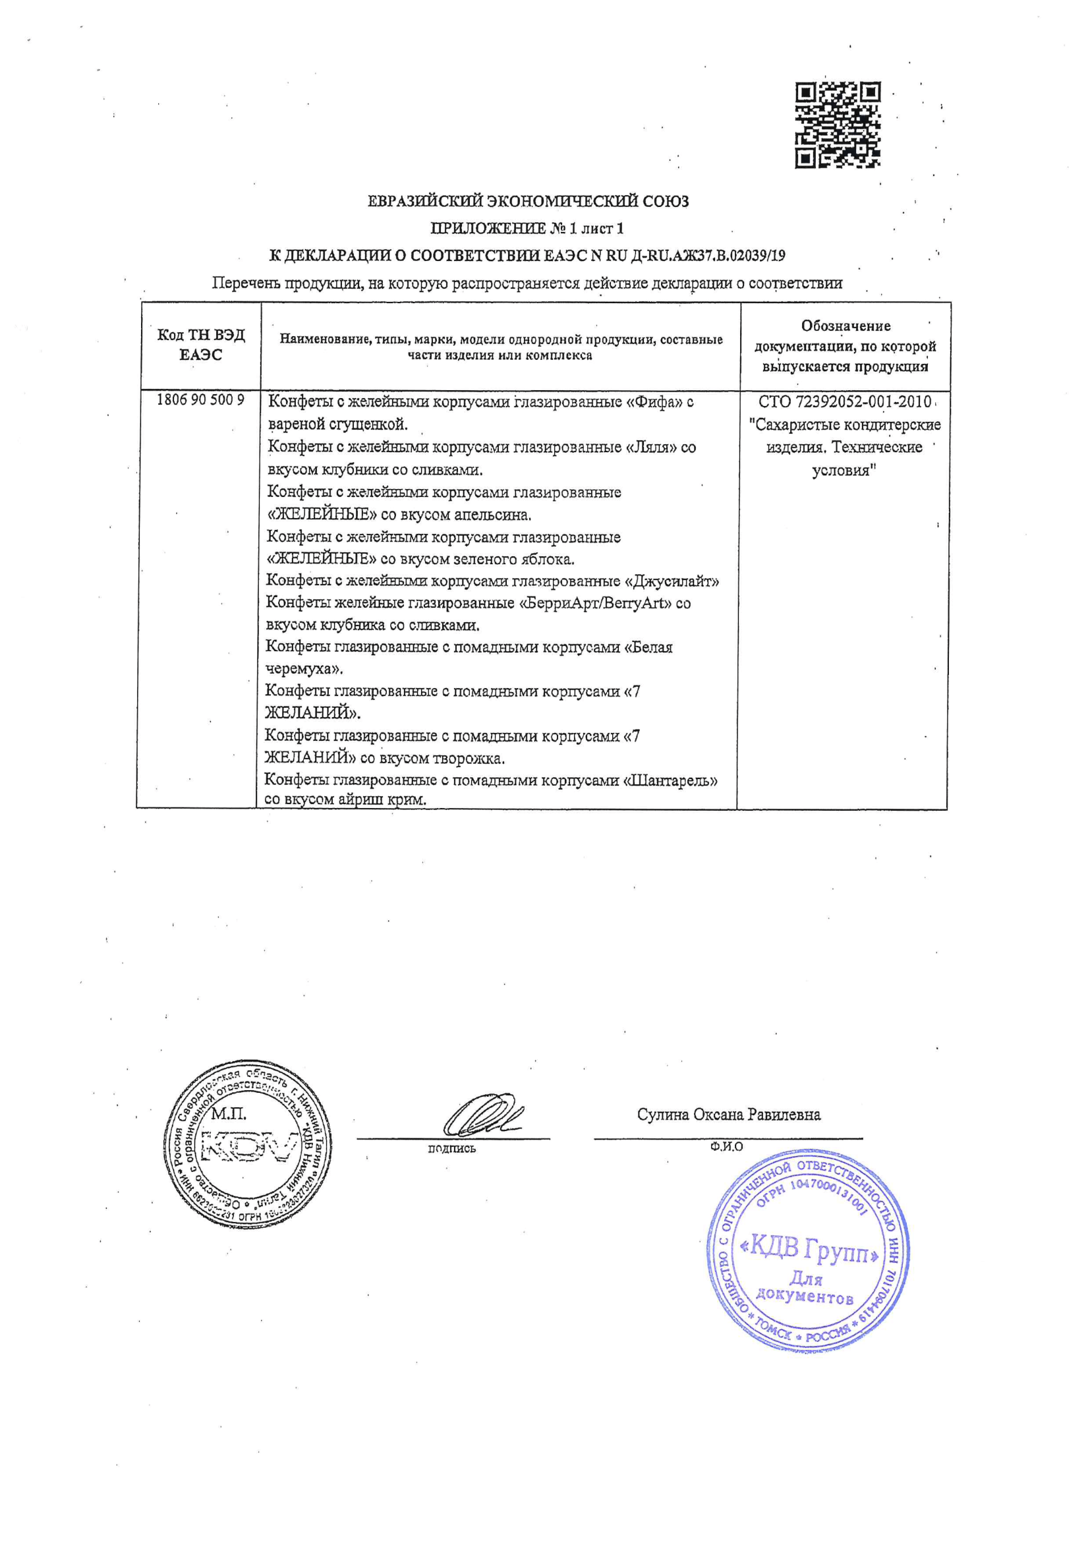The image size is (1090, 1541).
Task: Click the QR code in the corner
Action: click(838, 125)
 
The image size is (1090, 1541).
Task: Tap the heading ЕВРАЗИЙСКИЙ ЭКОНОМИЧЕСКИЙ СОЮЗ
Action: click(529, 201)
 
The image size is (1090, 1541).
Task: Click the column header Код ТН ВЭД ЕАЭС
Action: click(201, 345)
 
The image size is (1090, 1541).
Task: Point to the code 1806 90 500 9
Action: click(200, 400)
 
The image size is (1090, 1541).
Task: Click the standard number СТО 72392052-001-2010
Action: click(844, 402)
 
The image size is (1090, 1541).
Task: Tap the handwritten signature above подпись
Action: click(482, 1115)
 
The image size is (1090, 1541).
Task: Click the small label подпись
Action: click(451, 1148)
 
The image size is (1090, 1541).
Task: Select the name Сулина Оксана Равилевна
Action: click(728, 1115)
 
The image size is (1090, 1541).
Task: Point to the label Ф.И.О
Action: click(726, 1147)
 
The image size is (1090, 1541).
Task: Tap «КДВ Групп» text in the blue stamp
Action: click(809, 1247)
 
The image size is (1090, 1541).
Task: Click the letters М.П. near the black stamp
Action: click(229, 1114)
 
